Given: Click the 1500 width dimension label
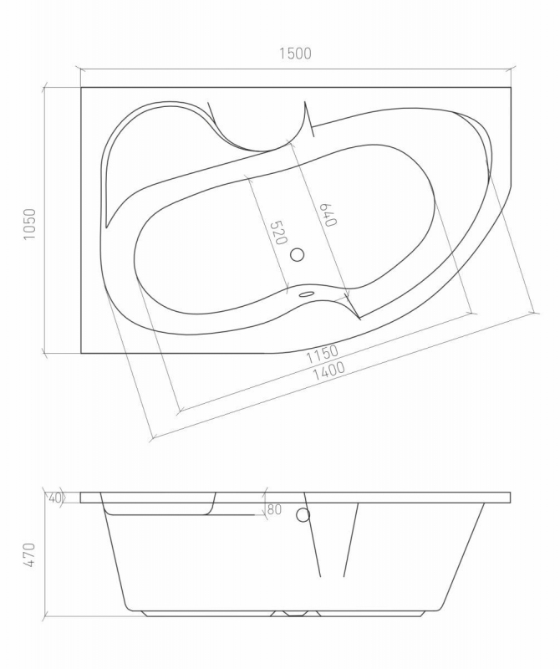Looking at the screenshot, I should tap(294, 54).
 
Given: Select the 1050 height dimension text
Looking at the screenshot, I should tap(30, 224).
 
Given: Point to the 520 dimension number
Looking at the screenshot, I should tap(275, 232).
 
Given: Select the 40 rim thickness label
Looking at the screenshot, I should tap(56, 498).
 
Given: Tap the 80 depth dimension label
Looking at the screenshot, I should tap(274, 509).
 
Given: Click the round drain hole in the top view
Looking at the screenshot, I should tap(298, 255).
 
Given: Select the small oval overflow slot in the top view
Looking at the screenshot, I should tap(306, 293).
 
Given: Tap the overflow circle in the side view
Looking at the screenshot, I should tap(303, 515).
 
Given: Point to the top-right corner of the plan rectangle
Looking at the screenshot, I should tap(510, 87).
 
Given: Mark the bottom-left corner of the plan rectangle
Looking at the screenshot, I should tap(81, 354).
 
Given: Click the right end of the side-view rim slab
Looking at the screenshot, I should tap(509, 498).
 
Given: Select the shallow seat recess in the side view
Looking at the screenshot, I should tap(159, 507).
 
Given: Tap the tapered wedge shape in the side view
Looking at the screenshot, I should tap(332, 539).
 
